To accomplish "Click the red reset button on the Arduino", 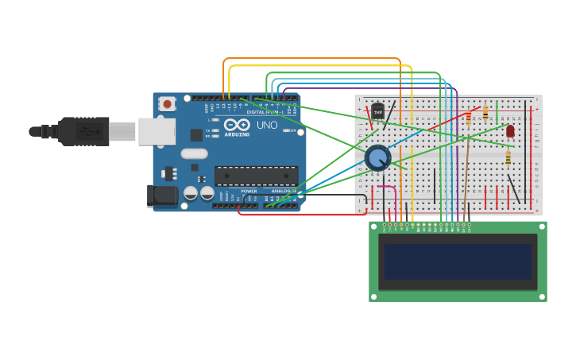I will pyautogui.click(x=167, y=104).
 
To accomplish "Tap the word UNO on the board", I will pyautogui.click(x=267, y=125).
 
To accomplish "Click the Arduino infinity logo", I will pyautogui.click(x=237, y=125).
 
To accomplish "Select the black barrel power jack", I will pyautogui.click(x=163, y=195).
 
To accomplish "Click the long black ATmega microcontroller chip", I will pyautogui.click(x=256, y=176).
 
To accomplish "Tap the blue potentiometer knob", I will pyautogui.click(x=377, y=157).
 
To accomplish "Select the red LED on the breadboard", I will pyautogui.click(x=510, y=130).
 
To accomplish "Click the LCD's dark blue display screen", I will pyautogui.click(x=457, y=261).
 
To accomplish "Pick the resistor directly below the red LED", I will pyautogui.click(x=508, y=158).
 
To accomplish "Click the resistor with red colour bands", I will pyautogui.click(x=485, y=114).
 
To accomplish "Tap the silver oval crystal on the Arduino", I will pyautogui.click(x=193, y=153).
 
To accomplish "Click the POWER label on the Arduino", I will pyautogui.click(x=249, y=192).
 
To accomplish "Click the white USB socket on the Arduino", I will pyautogui.click(x=157, y=131).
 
